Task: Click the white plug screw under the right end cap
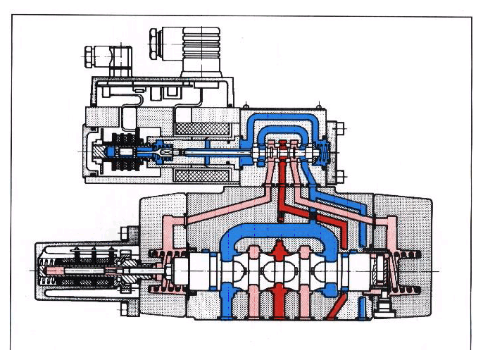tap(384, 305)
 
